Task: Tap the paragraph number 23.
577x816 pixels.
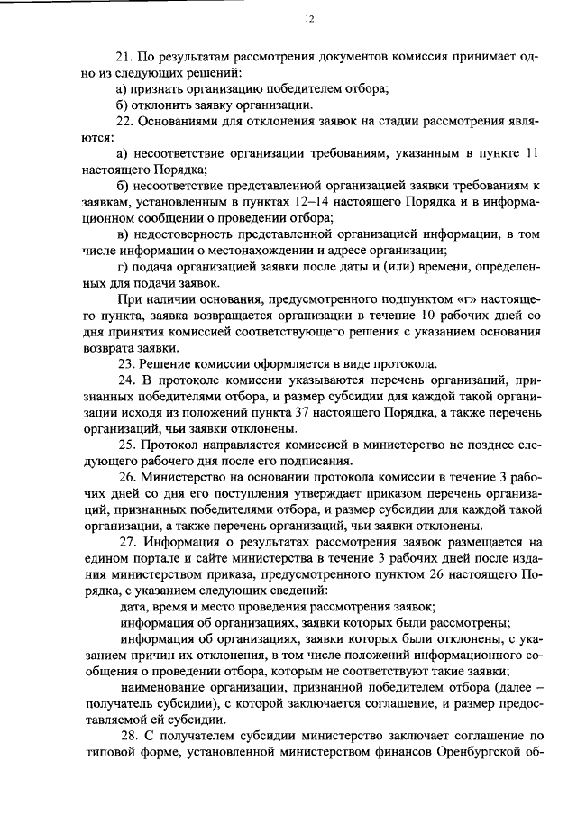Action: tap(127, 364)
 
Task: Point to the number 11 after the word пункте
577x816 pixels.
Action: tap(531, 153)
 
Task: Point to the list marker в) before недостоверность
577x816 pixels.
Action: tap(124, 234)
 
